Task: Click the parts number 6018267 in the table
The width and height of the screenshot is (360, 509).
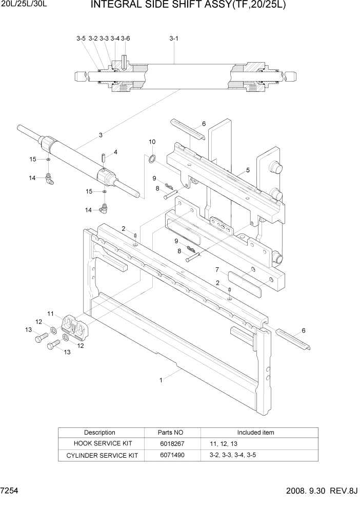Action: (x=172, y=443)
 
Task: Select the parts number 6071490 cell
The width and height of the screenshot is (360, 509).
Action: (x=172, y=455)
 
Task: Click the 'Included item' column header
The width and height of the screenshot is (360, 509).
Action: (x=255, y=432)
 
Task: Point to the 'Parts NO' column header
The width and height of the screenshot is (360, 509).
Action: (x=172, y=432)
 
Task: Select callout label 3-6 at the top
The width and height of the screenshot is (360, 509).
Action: (x=126, y=38)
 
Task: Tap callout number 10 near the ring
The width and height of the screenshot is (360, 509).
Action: (x=152, y=142)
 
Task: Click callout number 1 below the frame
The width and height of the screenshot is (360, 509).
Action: (x=161, y=380)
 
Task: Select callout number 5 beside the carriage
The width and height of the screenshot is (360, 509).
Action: (x=248, y=170)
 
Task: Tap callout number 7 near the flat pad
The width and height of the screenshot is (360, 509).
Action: (x=217, y=269)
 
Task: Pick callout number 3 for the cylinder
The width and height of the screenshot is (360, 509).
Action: (x=101, y=135)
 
